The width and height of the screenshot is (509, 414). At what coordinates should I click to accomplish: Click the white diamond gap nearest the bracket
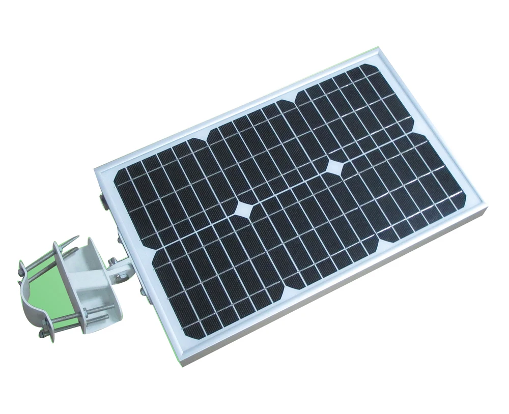tap(244, 210)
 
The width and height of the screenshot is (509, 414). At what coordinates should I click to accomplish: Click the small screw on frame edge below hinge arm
tap(140, 291)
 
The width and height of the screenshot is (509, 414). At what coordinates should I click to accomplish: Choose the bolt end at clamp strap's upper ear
tap(21, 266)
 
